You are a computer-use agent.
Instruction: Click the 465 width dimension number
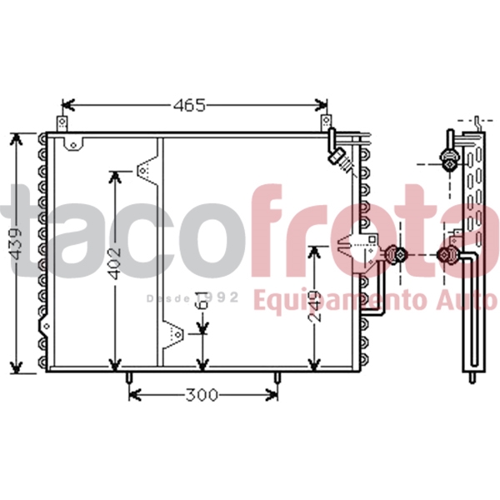[x=189, y=105]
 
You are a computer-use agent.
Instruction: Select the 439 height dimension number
[x=16, y=243]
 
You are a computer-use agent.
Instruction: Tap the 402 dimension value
[x=115, y=262]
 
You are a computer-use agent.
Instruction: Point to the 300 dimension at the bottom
[x=202, y=395]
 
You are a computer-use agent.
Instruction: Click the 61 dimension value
[x=203, y=300]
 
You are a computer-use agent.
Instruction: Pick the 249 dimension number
[x=315, y=306]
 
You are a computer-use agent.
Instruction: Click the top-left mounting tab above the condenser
[x=62, y=123]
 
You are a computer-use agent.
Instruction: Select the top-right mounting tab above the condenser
[x=326, y=122]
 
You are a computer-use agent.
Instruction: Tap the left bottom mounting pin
[x=129, y=378]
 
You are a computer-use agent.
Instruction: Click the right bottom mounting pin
[x=277, y=378]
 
